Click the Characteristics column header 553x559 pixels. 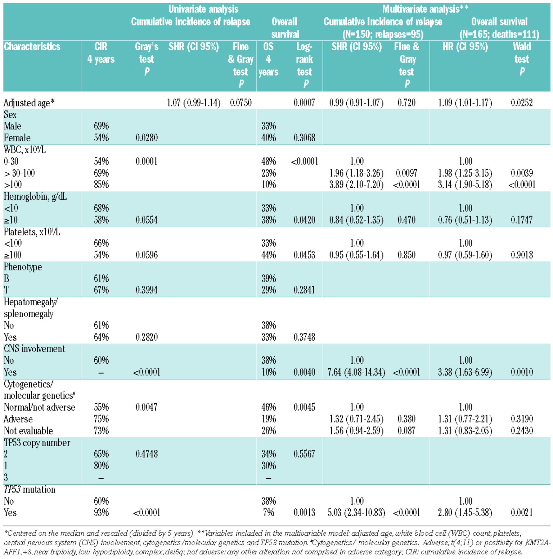point(32,47)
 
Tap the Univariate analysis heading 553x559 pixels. point(203,9)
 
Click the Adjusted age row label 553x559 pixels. point(29,103)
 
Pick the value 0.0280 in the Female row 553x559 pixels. point(146,138)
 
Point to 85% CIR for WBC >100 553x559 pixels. point(101,185)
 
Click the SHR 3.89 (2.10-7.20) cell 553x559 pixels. point(356,185)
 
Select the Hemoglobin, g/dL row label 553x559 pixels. point(35,197)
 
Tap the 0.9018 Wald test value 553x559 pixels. point(522,255)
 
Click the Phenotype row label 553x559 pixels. point(23,267)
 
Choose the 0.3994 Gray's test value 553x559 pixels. point(146,290)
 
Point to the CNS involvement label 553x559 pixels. point(34,349)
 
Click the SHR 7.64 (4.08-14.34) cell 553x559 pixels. point(356,372)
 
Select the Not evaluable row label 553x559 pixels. point(28,431)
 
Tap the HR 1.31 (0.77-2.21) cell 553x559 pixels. point(465,419)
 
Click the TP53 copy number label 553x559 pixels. point(37,443)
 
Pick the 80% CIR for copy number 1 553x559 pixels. point(101,466)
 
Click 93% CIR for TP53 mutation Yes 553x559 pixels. point(101,512)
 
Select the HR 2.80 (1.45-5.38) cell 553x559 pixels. point(465,512)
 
